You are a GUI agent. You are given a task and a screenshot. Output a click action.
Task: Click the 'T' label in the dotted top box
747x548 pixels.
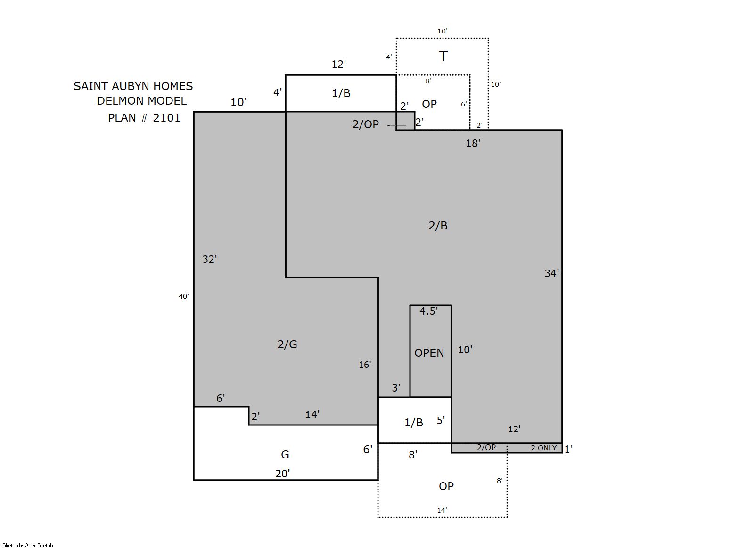[x=443, y=57]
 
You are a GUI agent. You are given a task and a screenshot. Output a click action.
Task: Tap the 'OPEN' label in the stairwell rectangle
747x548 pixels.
[x=429, y=352]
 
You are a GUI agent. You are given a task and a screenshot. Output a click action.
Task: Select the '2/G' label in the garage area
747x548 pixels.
[x=287, y=344]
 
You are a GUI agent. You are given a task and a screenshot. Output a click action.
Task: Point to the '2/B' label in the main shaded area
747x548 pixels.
[x=438, y=226]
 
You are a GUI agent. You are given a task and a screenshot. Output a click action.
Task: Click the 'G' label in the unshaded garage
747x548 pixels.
[x=285, y=454]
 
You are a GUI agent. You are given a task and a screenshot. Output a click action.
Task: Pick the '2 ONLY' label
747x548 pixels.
[x=543, y=448]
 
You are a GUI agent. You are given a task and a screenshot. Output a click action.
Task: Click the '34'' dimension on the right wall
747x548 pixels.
[x=551, y=273]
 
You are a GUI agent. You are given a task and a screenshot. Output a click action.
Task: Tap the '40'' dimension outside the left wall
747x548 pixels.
[x=183, y=296]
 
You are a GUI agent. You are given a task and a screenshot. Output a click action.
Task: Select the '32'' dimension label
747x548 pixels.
[x=209, y=259]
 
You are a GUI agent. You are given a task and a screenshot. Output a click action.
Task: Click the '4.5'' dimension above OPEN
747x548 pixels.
[x=428, y=311]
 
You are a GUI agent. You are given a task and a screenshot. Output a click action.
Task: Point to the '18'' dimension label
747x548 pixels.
[x=473, y=143]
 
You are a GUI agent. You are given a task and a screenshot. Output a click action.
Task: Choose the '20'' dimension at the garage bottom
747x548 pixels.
[x=282, y=474]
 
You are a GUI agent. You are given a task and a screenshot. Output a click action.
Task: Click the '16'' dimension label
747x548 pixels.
[x=365, y=365]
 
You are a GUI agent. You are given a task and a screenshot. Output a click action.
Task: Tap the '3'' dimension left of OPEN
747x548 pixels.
[x=396, y=388]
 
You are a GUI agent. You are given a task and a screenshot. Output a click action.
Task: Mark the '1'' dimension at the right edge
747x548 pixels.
[x=568, y=449]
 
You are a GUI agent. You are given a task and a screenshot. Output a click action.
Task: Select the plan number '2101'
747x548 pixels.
[x=166, y=118]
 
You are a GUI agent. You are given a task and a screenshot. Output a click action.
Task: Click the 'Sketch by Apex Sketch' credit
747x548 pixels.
[x=28, y=545]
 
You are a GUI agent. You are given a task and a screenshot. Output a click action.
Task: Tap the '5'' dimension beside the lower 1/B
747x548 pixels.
[x=441, y=420]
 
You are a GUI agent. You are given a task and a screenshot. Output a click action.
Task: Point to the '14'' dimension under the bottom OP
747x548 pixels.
[x=442, y=510]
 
